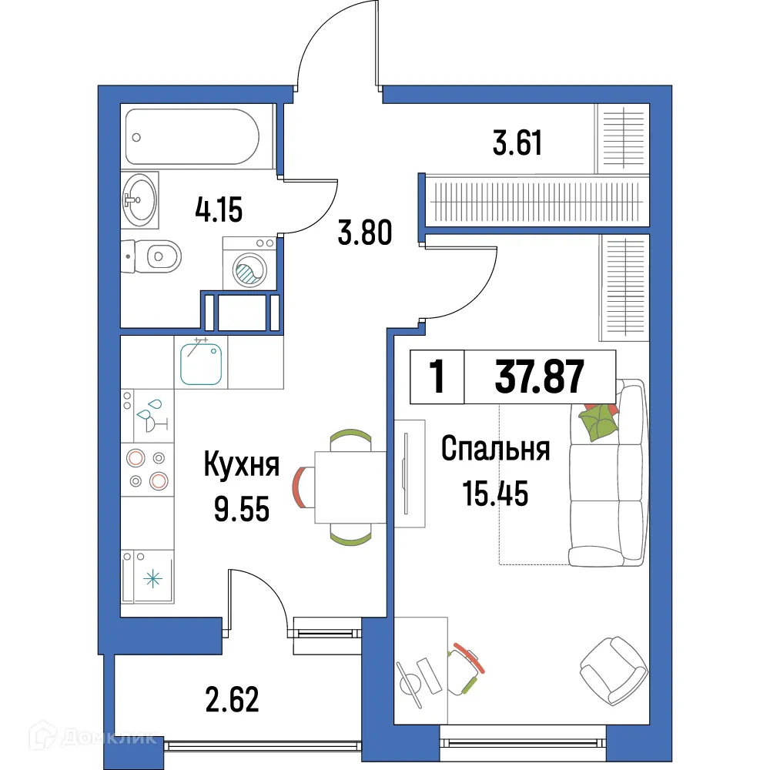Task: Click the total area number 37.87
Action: (x=539, y=377)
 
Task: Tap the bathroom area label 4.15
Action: (x=219, y=209)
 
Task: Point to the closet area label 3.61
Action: (x=517, y=142)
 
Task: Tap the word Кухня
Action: (x=241, y=465)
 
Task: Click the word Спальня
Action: (x=495, y=450)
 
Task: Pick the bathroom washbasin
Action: (x=139, y=199)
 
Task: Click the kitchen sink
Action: (x=202, y=363)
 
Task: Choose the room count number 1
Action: (x=437, y=377)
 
